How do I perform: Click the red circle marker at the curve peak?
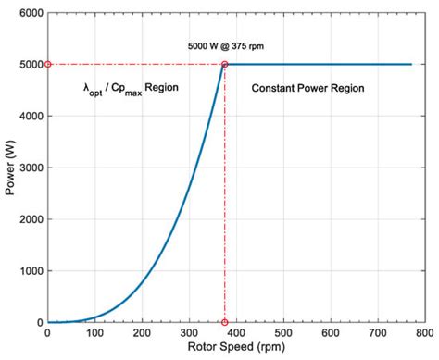(x=224, y=65)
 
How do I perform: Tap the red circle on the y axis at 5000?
(x=47, y=65)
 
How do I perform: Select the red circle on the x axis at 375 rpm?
(x=224, y=322)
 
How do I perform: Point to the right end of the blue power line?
(x=411, y=65)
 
